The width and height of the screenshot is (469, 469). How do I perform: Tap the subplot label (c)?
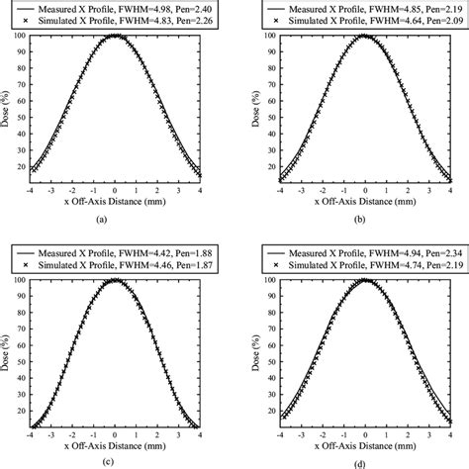coord(116,459)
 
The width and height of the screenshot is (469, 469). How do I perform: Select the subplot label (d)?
coord(365,459)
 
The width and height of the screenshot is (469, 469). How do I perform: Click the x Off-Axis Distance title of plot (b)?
coord(365,198)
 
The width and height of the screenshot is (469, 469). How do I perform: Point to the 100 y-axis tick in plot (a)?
coord(20,36)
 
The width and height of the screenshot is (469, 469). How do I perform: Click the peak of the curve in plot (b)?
coord(365,36)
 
